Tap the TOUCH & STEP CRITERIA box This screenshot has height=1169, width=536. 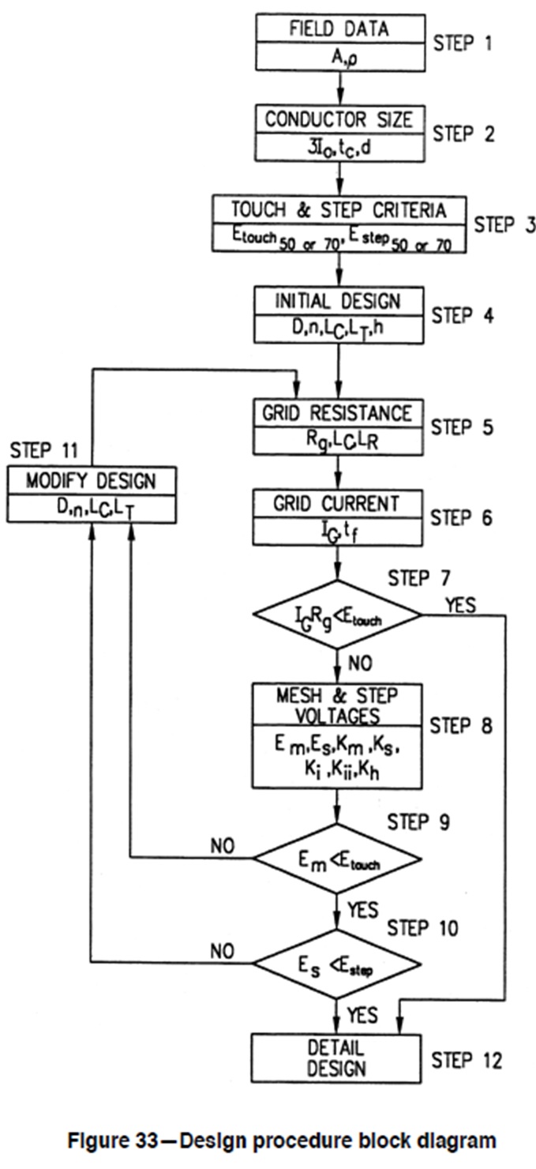pyautogui.click(x=339, y=224)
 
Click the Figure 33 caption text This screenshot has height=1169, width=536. pyautogui.click(x=268, y=1140)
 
